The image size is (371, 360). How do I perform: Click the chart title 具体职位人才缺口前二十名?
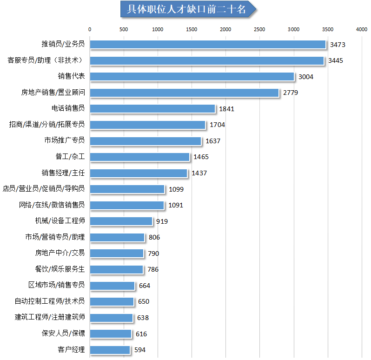(x=186, y=9)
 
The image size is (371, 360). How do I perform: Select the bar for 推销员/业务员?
(x=207, y=44)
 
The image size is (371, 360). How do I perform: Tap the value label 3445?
(x=335, y=60)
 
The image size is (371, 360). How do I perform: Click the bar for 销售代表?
(x=192, y=76)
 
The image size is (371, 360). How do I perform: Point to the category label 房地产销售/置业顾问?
(x=53, y=93)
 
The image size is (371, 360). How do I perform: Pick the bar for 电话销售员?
(x=152, y=108)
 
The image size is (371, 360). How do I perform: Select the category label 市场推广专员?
(x=64, y=140)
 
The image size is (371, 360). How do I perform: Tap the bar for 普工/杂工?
(x=139, y=157)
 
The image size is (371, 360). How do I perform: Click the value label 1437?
(x=199, y=173)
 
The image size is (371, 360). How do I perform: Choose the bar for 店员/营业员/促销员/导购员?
(x=127, y=189)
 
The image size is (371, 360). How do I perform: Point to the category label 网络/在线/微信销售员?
(x=52, y=205)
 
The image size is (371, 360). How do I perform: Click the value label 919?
(x=162, y=221)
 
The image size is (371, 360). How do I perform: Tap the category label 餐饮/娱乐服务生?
(x=60, y=269)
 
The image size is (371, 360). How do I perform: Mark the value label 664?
(x=145, y=286)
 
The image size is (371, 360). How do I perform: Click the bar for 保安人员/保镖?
(x=111, y=333)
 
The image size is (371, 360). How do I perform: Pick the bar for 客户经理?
(x=110, y=350)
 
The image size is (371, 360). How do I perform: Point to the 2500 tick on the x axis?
(x=259, y=29)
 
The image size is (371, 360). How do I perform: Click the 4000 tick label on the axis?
(x=361, y=29)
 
